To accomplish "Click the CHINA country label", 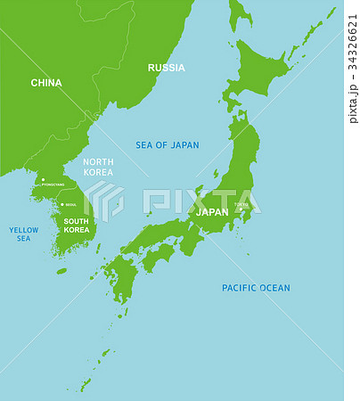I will (46, 83).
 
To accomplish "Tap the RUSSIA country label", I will (167, 68).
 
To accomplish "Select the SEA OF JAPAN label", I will (167, 144).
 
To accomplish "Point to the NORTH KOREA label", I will (98, 167).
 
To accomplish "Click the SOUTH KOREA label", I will (77, 225).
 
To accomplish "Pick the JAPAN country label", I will (212, 213).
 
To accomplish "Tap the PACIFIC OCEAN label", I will (256, 288).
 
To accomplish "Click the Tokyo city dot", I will (240, 210).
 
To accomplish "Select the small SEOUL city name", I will (70, 205).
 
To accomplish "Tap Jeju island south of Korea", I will (61, 270).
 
